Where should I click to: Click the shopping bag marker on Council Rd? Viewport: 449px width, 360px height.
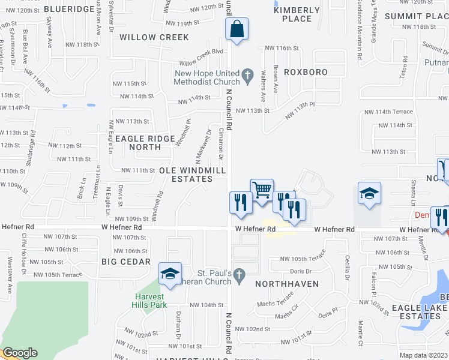tap(237, 29)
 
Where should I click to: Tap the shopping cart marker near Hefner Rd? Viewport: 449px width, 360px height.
tap(262, 191)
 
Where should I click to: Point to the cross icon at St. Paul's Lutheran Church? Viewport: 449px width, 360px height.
tap(239, 275)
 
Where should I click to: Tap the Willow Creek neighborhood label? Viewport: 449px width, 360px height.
tap(154, 37)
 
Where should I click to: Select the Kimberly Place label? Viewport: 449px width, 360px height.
tap(297, 14)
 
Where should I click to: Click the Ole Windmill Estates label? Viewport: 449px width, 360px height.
tap(192, 175)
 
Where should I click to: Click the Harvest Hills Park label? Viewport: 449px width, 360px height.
tap(149, 300)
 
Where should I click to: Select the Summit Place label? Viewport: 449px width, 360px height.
tap(417, 16)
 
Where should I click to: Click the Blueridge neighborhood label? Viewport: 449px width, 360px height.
tap(70, 10)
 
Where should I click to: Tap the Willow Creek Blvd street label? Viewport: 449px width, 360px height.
tap(201, 62)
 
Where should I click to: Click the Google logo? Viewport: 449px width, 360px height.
tap(20, 353)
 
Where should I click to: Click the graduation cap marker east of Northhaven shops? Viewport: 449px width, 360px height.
tap(369, 194)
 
